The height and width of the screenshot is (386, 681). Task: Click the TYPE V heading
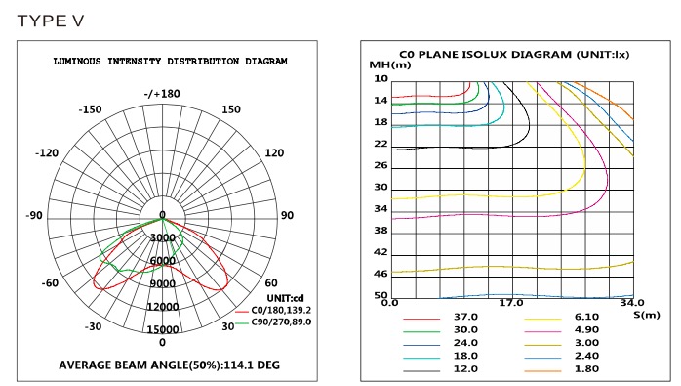(x=51, y=21)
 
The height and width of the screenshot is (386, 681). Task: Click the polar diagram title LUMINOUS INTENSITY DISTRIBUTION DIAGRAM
(x=170, y=61)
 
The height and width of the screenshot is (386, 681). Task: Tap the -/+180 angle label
(x=162, y=94)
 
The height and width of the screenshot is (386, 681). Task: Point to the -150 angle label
(x=90, y=109)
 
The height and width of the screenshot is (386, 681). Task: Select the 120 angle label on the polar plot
(x=274, y=152)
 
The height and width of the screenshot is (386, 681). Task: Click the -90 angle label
(x=34, y=215)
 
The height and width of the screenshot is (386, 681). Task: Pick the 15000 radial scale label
(x=162, y=329)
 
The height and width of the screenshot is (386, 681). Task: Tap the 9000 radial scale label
(x=162, y=283)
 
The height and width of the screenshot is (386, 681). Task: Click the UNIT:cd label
(x=285, y=298)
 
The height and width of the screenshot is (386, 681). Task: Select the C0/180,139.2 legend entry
(x=273, y=311)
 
